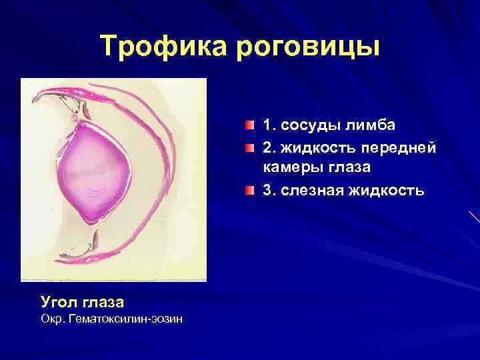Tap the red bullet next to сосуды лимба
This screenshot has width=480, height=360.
pos(249,125)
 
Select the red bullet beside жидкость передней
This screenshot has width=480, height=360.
pos(249,147)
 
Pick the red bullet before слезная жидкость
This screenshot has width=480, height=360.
pos(249,191)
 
